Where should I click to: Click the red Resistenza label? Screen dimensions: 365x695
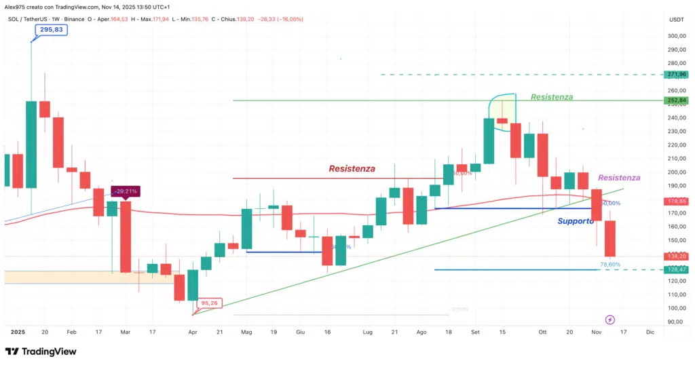pos(352,168)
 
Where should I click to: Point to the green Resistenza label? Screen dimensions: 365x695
pos(551,97)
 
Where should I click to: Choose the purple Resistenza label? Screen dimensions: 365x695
pos(619,178)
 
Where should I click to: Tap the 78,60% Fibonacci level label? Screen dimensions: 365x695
pos(610,265)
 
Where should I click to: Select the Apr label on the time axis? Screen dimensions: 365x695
pos(193,332)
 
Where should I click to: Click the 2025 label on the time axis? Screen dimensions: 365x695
pos(18,332)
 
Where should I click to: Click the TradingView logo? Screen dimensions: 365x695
pos(41,351)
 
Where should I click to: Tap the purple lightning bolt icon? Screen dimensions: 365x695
pos(609,319)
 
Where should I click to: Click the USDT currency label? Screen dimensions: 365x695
pos(676,20)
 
